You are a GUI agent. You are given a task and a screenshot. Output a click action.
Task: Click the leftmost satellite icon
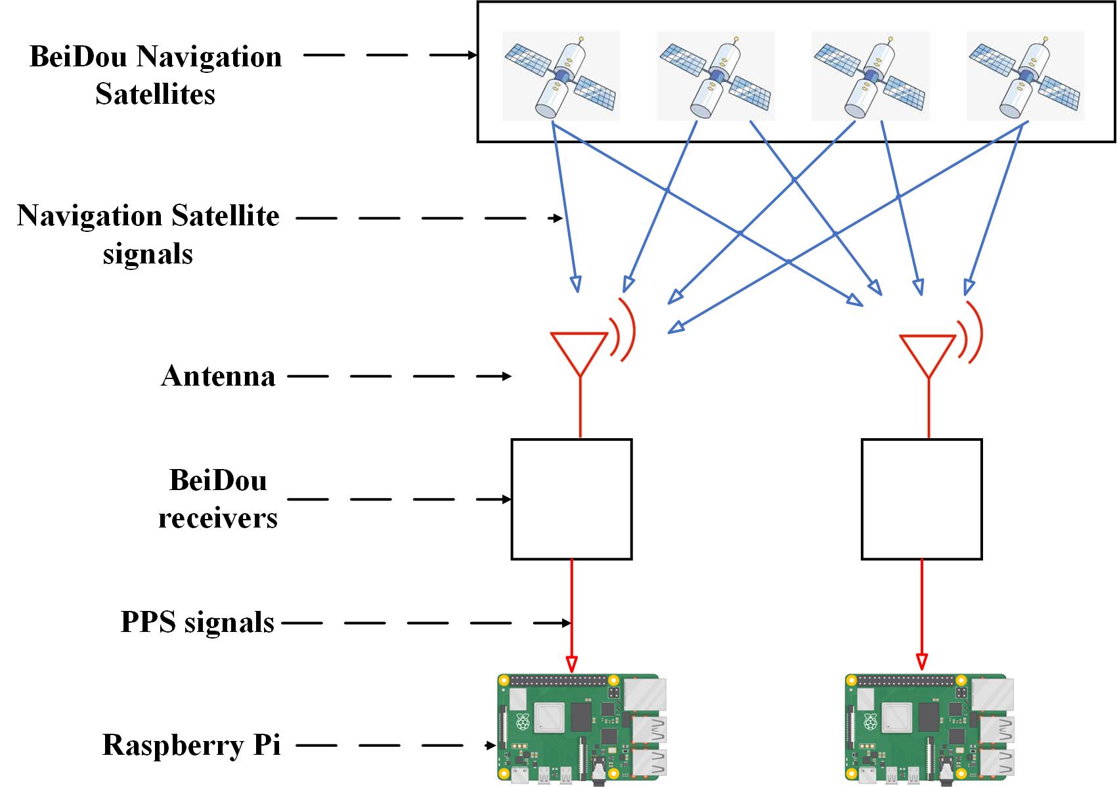coord(561,76)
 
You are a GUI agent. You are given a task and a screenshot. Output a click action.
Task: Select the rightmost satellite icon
coord(1025,76)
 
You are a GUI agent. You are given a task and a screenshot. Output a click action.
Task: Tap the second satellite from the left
coord(716,76)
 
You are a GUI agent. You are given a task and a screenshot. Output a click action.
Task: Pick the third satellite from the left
coord(870,76)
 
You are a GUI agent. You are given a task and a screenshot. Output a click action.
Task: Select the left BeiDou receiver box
coord(571,499)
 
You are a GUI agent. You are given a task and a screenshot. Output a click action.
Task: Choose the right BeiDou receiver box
coord(921,499)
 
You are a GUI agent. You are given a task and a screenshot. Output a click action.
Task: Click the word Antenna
coord(218,376)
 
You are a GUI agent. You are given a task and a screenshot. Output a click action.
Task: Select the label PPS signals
coord(198,621)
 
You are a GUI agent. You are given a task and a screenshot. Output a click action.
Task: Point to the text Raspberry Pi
coord(192,745)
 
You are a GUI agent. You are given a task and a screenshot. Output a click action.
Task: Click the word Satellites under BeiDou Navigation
coord(156,94)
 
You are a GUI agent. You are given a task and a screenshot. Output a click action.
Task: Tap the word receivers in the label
coord(218,518)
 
